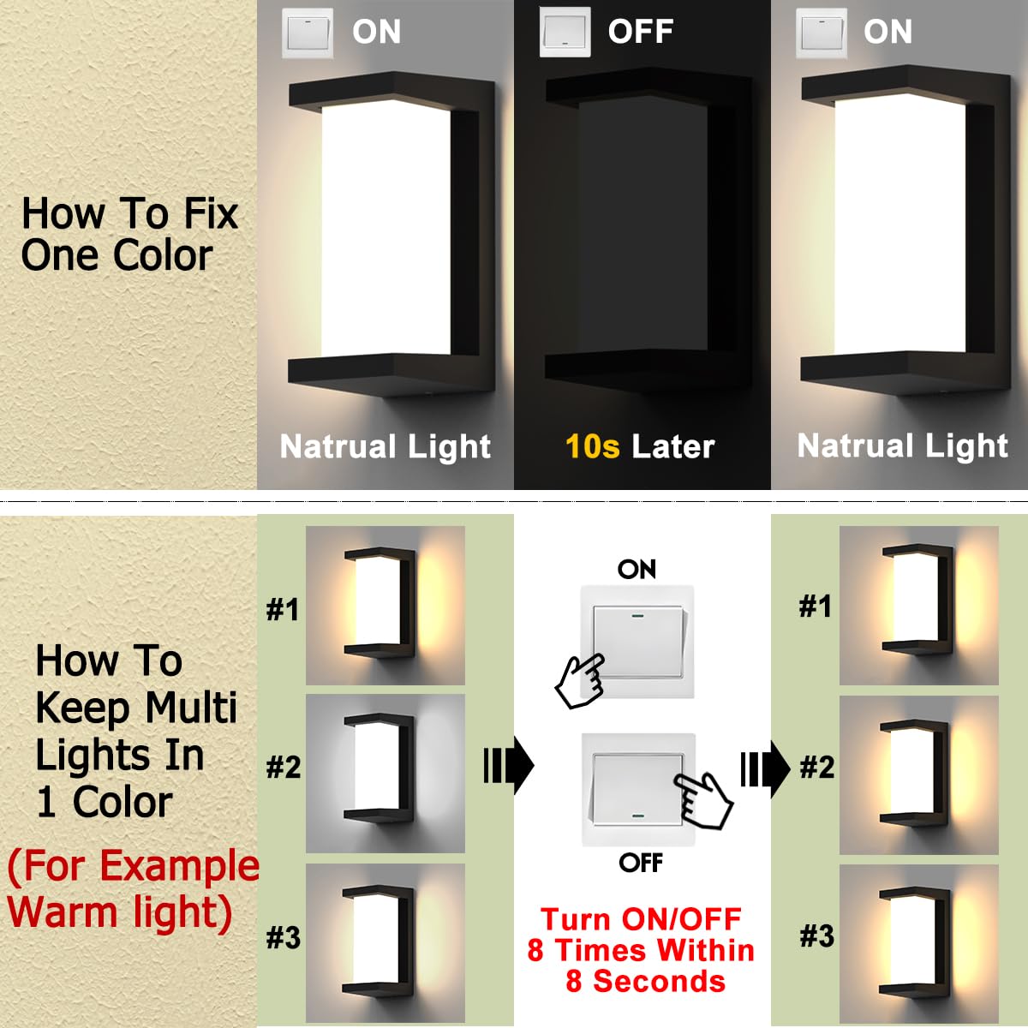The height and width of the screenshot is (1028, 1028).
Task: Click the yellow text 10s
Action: coord(592,446)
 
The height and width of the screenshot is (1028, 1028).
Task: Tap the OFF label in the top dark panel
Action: coord(640,32)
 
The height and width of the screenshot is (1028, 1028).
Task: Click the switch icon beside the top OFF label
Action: coord(565,33)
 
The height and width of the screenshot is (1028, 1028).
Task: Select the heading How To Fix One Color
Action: coord(128,234)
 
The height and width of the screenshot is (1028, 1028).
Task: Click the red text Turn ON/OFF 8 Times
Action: coord(641,949)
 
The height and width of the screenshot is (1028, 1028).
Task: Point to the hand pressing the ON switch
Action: coord(580,680)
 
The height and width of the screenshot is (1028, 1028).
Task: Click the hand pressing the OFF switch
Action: coord(703,798)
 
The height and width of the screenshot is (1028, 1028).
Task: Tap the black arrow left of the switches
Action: coord(509,765)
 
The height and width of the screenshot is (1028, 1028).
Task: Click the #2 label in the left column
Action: coord(284,767)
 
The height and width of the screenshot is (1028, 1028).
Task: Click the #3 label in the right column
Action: coord(816,935)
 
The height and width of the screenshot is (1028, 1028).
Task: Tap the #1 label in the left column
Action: coord(283,609)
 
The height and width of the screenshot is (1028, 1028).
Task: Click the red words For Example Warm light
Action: coord(128,888)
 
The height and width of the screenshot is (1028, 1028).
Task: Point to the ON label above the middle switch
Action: coord(637,569)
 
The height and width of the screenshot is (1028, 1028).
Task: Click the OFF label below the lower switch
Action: coord(641,862)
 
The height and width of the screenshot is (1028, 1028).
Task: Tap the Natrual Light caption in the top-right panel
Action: coord(902,445)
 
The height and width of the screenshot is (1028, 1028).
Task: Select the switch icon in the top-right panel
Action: coord(822,33)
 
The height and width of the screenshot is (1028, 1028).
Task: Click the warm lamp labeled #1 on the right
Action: coord(917,604)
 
